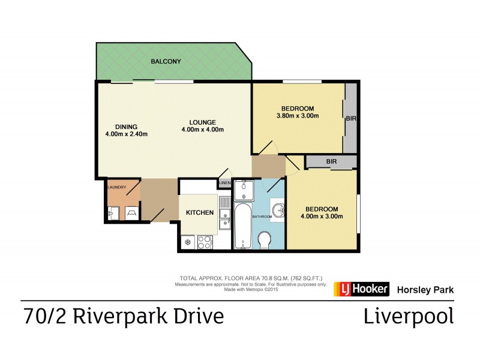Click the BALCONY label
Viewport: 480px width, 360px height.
pyautogui.click(x=166, y=62)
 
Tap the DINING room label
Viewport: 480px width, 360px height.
pyautogui.click(x=127, y=127)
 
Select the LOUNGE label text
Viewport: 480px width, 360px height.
pyautogui.click(x=203, y=122)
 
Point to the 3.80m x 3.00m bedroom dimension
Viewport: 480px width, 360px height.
pyautogui.click(x=297, y=116)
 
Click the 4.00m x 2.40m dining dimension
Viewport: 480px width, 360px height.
pyautogui.click(x=126, y=134)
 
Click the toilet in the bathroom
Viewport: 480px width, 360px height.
pyautogui.click(x=265, y=239)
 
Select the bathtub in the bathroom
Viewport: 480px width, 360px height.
pyautogui.click(x=242, y=226)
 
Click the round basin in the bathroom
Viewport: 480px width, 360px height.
pyautogui.click(x=278, y=210)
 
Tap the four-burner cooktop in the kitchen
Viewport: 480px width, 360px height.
pyautogui.click(x=205, y=242)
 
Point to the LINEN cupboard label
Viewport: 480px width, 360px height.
pyautogui.click(x=224, y=182)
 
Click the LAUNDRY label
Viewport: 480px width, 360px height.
pyautogui.click(x=116, y=187)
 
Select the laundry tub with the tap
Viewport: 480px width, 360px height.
pyautogui.click(x=114, y=212)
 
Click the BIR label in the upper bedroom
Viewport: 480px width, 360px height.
pyautogui.click(x=351, y=119)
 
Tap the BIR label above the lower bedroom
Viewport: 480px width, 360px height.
pyautogui.click(x=331, y=161)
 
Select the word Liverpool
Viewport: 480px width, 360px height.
pyautogui.click(x=409, y=316)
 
